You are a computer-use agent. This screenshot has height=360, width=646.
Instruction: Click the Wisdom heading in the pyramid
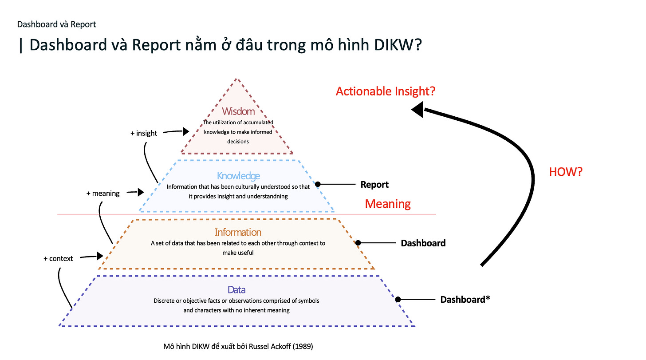(239, 111)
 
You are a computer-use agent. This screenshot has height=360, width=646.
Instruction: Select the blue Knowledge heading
(238, 176)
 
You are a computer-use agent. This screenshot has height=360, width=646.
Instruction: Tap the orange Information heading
(238, 232)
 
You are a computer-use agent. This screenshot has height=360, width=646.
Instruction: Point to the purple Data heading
(236, 290)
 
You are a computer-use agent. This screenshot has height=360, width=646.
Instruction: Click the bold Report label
(374, 185)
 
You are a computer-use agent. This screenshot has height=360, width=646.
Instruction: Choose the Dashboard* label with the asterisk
(465, 300)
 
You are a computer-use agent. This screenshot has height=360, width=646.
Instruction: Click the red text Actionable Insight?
(386, 91)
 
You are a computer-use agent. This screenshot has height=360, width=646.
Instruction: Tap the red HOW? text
(565, 172)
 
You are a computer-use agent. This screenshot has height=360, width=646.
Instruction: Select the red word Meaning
(388, 204)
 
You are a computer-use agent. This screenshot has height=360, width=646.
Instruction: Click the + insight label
(144, 133)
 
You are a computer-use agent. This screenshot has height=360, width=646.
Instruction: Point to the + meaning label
(103, 193)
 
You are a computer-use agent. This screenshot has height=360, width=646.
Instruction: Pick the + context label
(58, 258)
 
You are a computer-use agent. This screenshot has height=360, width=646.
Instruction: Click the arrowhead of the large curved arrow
(418, 109)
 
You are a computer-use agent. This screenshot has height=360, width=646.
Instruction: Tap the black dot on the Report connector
(318, 184)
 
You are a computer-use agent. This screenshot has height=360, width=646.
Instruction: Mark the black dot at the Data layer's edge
(398, 300)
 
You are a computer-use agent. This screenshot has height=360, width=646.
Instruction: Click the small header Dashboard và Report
(56, 24)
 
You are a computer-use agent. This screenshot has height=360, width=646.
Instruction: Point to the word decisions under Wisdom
(238, 141)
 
